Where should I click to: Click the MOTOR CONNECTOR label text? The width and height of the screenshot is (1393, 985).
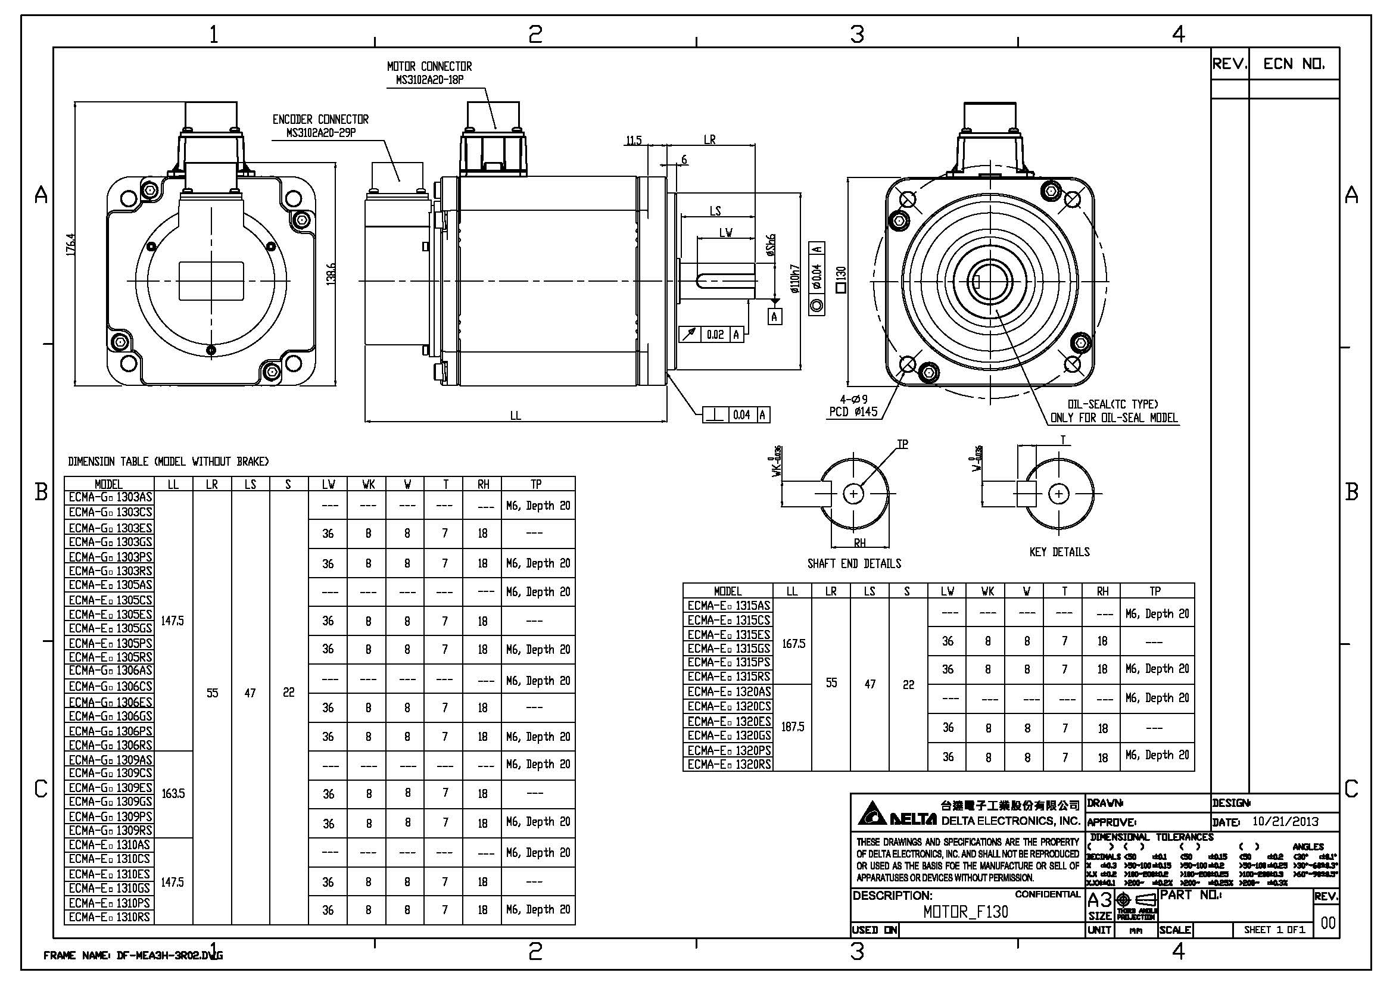(x=429, y=66)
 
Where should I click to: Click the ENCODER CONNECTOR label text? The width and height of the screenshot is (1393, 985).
(x=320, y=120)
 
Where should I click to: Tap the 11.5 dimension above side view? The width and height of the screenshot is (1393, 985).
(x=634, y=141)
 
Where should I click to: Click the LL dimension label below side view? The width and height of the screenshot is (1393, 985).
(x=515, y=416)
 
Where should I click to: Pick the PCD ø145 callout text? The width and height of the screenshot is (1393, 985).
(x=853, y=412)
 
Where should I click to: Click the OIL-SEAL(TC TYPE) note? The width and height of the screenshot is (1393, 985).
(x=1112, y=404)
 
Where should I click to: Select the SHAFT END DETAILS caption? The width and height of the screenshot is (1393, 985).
(x=853, y=563)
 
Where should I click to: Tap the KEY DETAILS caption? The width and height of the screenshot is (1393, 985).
(x=1059, y=552)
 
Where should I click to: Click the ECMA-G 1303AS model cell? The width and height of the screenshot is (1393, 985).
(x=110, y=497)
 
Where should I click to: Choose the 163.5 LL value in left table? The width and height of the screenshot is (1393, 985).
(x=173, y=794)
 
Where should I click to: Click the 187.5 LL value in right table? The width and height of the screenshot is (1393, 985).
(x=792, y=727)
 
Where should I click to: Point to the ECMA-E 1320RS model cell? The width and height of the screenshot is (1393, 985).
(x=728, y=764)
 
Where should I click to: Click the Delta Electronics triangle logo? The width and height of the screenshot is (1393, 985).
(x=872, y=814)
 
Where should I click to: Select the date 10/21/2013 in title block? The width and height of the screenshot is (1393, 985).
(x=1286, y=822)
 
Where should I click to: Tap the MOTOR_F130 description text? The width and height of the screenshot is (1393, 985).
(x=966, y=912)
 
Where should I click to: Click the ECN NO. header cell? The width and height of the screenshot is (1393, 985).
(x=1294, y=64)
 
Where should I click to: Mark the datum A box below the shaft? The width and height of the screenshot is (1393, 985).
(x=775, y=316)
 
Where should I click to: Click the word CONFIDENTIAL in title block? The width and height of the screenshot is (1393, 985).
(x=1048, y=894)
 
